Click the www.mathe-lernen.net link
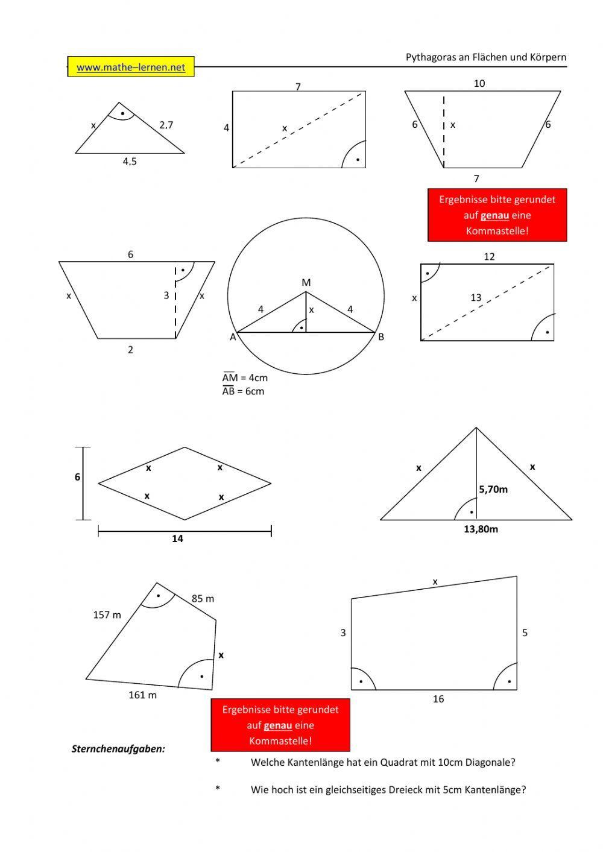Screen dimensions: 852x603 coord(131,68)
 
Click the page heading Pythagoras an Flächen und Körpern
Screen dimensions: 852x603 coord(486,57)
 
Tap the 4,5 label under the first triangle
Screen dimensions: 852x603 coord(130,162)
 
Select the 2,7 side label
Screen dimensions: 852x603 coord(166,125)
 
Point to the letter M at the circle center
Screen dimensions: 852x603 coord(306,282)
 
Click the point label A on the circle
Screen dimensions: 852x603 coord(233,337)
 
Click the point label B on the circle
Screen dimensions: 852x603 coord(381,337)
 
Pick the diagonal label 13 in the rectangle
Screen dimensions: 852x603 coord(476,297)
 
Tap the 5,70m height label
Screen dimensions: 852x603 coord(493,490)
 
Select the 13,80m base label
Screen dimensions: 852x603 coord(481,529)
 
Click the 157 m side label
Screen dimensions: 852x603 coord(107,615)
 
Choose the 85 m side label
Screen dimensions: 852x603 coord(203,599)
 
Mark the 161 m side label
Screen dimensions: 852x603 coord(142,695)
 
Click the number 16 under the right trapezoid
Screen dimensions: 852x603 coord(438,699)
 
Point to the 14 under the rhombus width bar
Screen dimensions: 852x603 coord(177,539)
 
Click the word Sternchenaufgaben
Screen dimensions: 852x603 coord(118,749)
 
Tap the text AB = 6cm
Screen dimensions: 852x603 coord(244,391)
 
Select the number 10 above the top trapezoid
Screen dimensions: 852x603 coord(479,83)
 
